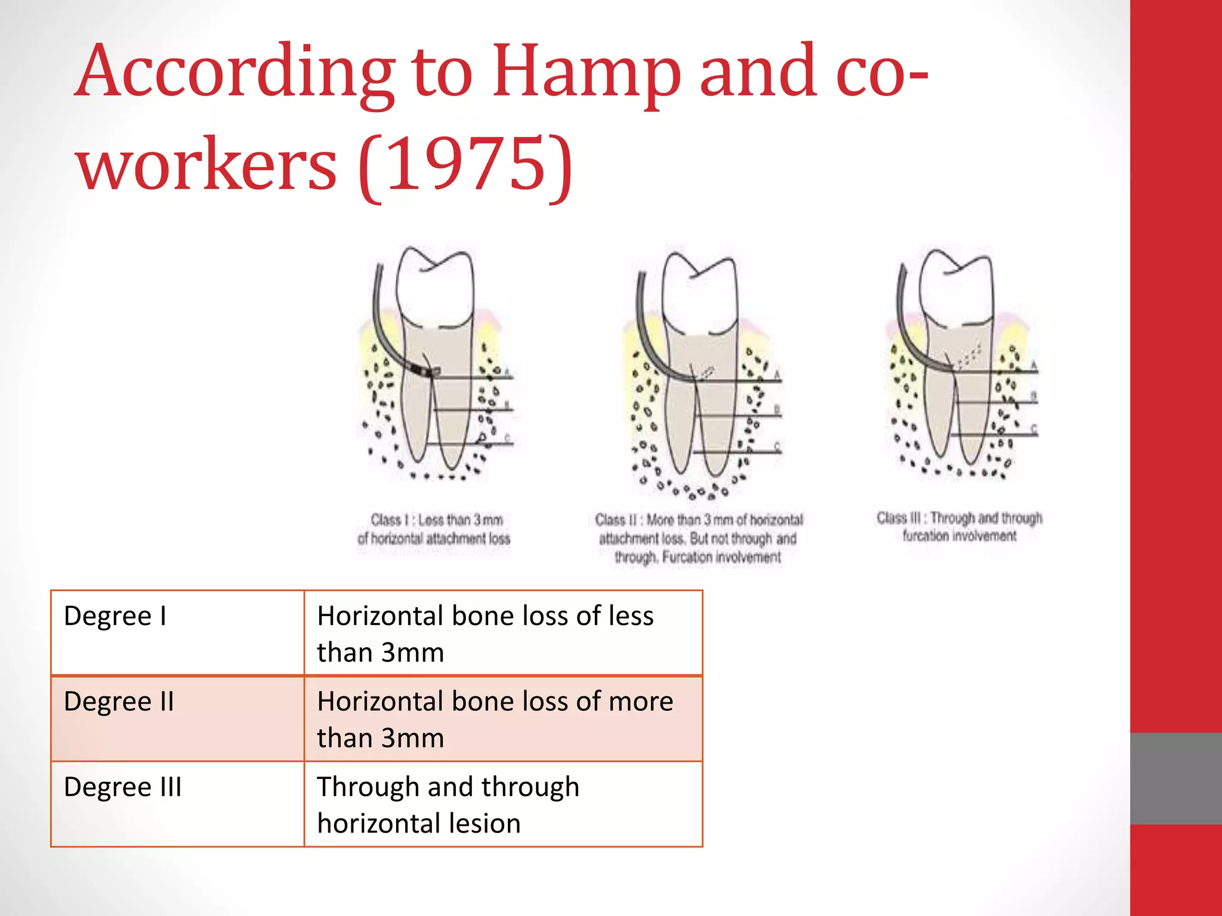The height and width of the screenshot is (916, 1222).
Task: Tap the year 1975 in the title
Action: [465, 163]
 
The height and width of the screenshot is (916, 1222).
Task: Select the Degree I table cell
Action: [177, 633]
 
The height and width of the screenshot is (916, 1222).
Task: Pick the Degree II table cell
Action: [177, 718]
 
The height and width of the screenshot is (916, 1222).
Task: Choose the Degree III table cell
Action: [177, 803]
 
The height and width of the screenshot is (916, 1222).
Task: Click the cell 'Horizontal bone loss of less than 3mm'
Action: [503, 633]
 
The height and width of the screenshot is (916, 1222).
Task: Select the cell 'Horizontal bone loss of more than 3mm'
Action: [503, 718]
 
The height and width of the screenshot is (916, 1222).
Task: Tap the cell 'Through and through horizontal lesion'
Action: [503, 803]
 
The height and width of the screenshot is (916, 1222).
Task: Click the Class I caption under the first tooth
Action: [434, 529]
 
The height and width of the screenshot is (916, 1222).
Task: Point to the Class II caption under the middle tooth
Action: [698, 538]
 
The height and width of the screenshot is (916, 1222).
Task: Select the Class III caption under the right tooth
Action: [959, 527]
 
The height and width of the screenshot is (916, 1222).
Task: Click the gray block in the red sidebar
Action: [1175, 778]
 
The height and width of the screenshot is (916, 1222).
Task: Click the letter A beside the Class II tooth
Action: [777, 374]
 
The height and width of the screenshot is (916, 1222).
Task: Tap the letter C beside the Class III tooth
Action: [1034, 428]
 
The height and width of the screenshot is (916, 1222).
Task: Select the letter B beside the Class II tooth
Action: [777, 409]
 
